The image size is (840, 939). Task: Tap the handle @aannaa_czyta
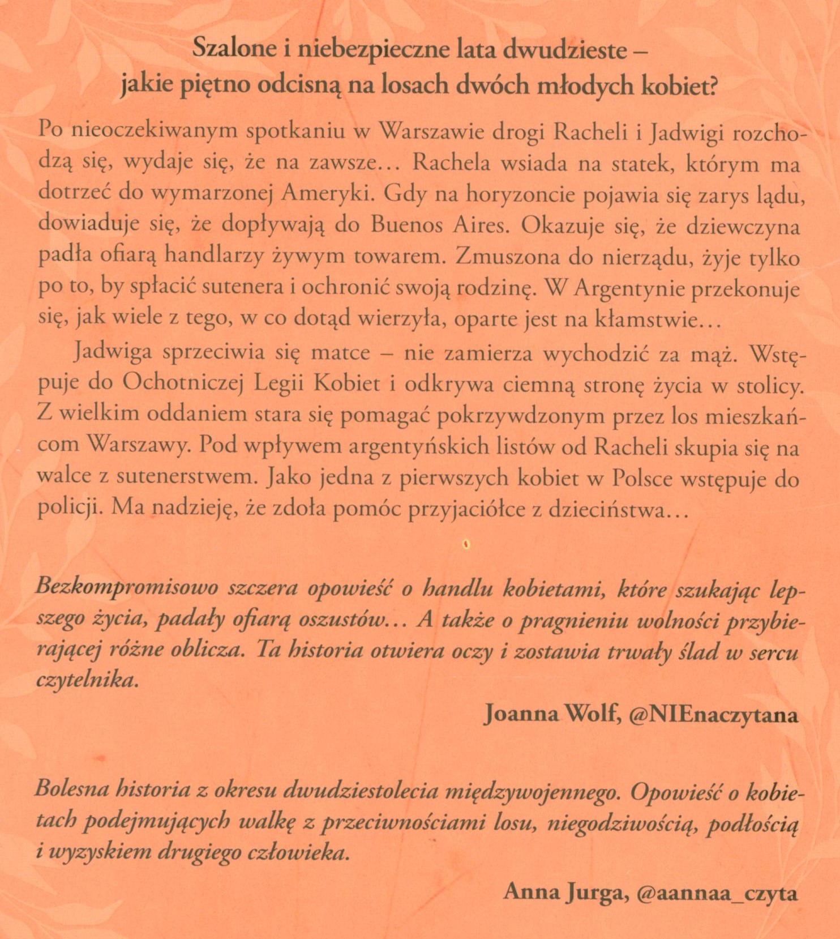(717, 893)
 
